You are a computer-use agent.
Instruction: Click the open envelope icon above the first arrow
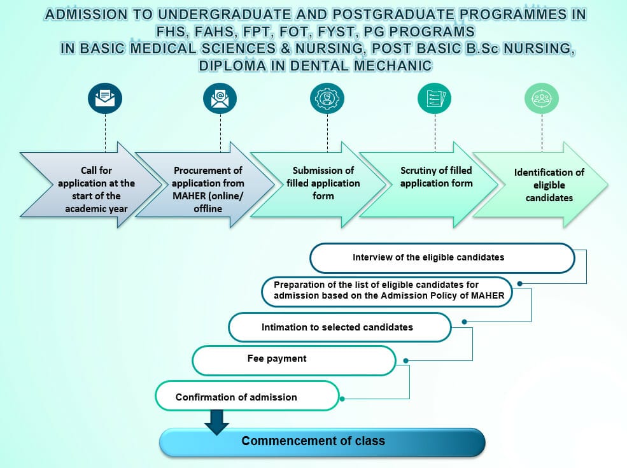pyautogui.click(x=105, y=99)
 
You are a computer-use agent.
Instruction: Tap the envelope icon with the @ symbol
pyautogui.click(x=220, y=99)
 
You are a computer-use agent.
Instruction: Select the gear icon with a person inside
pyautogui.click(x=327, y=99)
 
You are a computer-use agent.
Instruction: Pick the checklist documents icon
pyautogui.click(x=435, y=99)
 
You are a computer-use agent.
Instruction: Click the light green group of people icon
pyautogui.click(x=542, y=99)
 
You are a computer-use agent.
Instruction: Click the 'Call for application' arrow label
pyautogui.click(x=96, y=189)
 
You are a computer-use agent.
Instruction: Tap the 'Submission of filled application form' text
pyautogui.click(x=323, y=183)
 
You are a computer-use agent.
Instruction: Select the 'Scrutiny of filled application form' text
pyautogui.click(x=436, y=176)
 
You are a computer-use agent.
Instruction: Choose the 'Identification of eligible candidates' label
pyautogui.click(x=549, y=185)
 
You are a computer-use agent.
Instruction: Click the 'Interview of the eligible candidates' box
pyautogui.click(x=442, y=258)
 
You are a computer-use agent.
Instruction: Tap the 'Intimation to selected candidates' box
pyautogui.click(x=340, y=327)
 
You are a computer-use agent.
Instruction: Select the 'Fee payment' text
pyautogui.click(x=277, y=358)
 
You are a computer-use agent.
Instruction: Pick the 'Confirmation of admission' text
pyautogui.click(x=236, y=397)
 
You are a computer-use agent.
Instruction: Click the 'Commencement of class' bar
pyautogui.click(x=322, y=442)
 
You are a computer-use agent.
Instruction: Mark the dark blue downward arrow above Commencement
pyautogui.click(x=216, y=422)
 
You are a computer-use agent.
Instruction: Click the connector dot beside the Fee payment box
pyautogui.click(x=406, y=361)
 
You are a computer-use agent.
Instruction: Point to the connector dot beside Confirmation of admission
pyautogui.click(x=342, y=399)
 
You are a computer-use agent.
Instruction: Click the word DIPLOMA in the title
pyautogui.click(x=232, y=66)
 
